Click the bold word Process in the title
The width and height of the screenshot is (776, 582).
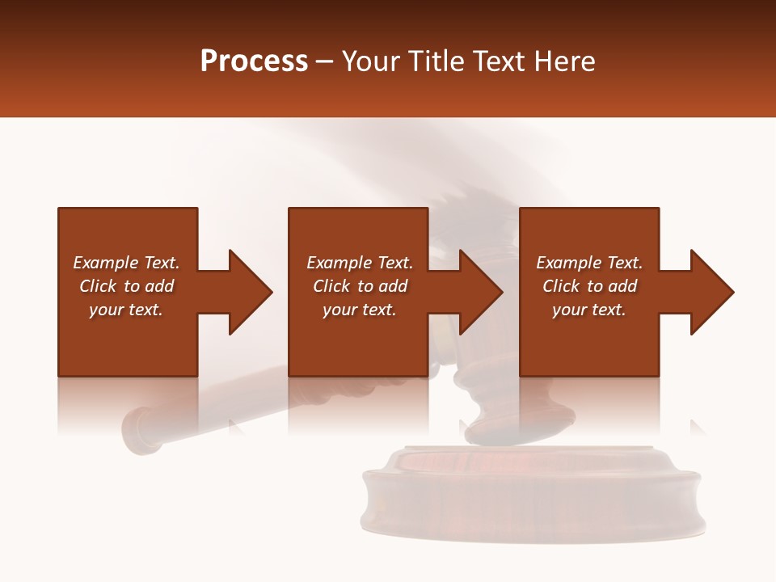click(x=254, y=61)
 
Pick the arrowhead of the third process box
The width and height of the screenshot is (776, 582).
click(x=711, y=292)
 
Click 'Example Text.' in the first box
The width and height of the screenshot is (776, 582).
click(x=126, y=263)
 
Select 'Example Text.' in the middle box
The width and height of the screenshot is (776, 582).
click(x=360, y=263)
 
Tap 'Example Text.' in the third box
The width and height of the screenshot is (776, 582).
click(x=589, y=263)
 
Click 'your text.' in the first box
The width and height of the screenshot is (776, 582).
click(x=126, y=310)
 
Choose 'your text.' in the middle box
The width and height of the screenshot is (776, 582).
click(x=360, y=310)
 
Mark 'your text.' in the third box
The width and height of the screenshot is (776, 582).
click(x=589, y=310)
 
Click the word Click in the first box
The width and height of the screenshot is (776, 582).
click(x=97, y=286)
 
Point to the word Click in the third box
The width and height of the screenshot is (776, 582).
click(x=561, y=286)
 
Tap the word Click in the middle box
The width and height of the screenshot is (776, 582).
click(x=331, y=286)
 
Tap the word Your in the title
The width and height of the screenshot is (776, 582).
click(x=373, y=61)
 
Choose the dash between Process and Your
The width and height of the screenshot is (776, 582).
click(x=325, y=62)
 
